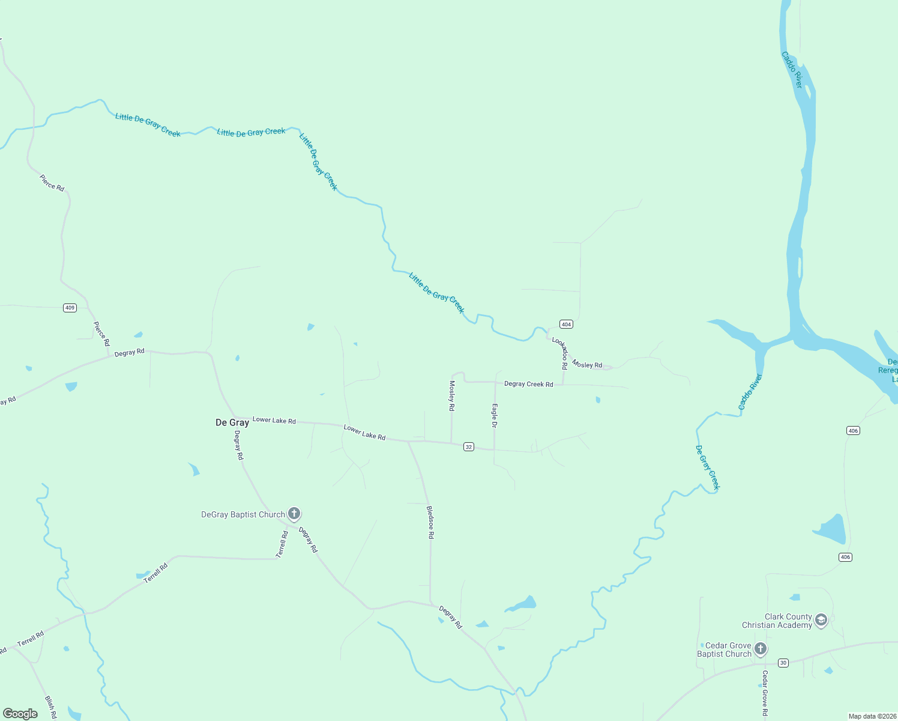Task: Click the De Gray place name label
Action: coord(232,423)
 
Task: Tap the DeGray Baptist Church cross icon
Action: coord(294,514)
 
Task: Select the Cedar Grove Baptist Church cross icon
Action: coord(761,649)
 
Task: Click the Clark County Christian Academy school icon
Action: coord(821,620)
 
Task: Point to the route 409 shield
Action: coord(70,308)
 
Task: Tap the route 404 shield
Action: coord(566,324)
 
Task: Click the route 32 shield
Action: coord(469,447)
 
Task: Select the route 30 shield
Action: coord(783,663)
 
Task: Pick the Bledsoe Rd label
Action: coord(430,522)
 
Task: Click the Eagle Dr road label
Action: coord(495,416)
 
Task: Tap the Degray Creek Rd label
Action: coord(528,384)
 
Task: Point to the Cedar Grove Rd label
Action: coord(765,693)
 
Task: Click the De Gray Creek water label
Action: coord(707,467)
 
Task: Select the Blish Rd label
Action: coord(50,707)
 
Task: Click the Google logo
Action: coord(20,714)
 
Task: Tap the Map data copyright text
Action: coord(872,716)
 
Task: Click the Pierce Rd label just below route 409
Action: coord(101,333)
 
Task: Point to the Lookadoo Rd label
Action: coord(561,353)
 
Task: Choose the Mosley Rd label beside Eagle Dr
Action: coord(452,395)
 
